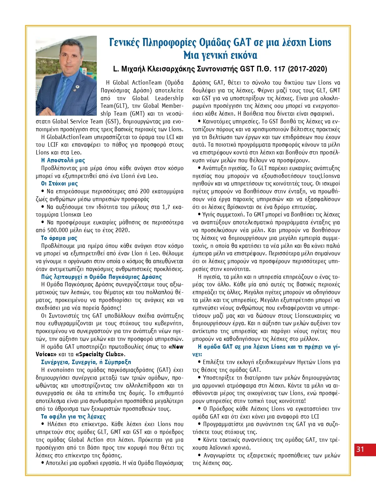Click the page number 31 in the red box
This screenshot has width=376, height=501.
click(361, 449)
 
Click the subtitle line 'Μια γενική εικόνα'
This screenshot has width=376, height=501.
click(220, 55)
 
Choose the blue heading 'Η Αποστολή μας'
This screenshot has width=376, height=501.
click(63, 160)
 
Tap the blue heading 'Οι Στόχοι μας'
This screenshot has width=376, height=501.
click(60, 184)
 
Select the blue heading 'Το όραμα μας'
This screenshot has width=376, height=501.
click(59, 238)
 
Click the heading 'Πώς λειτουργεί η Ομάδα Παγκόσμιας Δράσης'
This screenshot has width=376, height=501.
click(102, 277)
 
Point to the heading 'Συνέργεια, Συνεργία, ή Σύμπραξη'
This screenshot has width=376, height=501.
click(86, 362)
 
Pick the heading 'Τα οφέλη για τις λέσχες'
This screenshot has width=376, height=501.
click(73, 417)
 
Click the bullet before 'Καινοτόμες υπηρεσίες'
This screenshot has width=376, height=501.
click(199, 122)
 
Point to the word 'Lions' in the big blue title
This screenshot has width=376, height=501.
click(320, 42)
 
